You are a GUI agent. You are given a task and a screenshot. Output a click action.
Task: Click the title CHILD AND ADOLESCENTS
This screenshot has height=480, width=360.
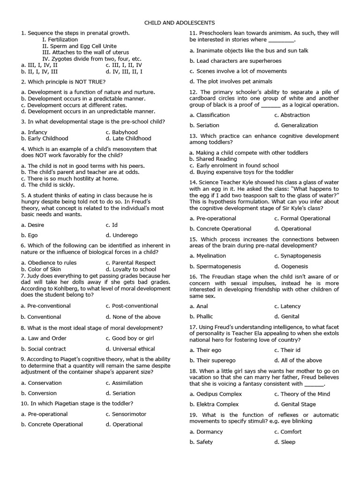180,22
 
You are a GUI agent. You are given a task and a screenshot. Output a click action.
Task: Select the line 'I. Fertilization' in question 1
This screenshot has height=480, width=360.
60,40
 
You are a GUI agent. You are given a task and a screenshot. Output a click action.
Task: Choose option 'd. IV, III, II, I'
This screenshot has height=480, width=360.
124,72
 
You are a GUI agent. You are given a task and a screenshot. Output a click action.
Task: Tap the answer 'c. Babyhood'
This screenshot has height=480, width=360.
121,132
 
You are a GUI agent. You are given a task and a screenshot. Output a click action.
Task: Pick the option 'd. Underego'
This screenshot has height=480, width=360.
121,235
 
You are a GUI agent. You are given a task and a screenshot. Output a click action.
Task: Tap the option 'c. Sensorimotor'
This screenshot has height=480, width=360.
126,414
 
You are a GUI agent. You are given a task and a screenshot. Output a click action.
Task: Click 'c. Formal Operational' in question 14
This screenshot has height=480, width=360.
302,218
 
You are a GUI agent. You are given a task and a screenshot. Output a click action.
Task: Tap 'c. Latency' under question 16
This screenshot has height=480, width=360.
286,306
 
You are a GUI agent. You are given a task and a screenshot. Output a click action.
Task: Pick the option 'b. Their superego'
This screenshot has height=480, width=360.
212,360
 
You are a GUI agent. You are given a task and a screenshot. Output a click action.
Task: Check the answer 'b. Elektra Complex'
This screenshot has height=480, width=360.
214,404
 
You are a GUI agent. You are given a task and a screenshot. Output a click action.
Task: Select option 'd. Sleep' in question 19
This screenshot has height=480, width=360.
285,442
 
